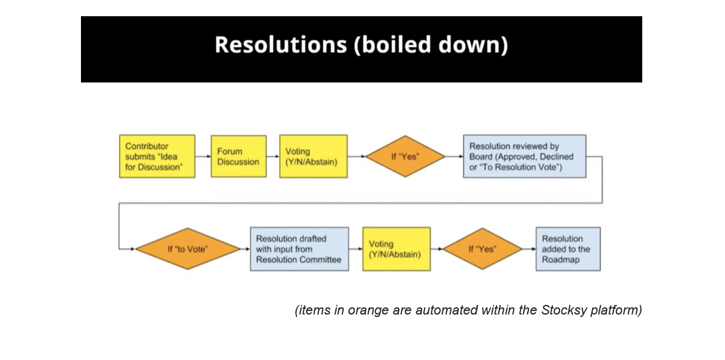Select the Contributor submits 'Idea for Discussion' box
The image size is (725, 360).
[x=157, y=156]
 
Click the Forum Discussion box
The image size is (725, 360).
[x=238, y=156]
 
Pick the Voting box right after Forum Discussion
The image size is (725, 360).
[x=313, y=156]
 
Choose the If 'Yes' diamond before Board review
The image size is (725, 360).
[x=405, y=156]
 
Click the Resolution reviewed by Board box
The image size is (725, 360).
[x=524, y=156]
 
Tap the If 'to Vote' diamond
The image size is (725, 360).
[x=188, y=248]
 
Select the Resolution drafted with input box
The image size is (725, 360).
[x=299, y=248]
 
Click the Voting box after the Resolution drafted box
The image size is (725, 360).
[x=396, y=248]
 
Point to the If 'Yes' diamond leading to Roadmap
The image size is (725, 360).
[x=486, y=248]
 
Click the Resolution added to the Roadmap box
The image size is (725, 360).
[x=567, y=248]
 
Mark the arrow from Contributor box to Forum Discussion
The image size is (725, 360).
[x=203, y=156]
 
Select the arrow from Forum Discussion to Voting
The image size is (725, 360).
[x=273, y=156]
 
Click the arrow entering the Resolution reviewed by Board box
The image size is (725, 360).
[x=455, y=156]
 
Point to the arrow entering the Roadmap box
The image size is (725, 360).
[x=529, y=248]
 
